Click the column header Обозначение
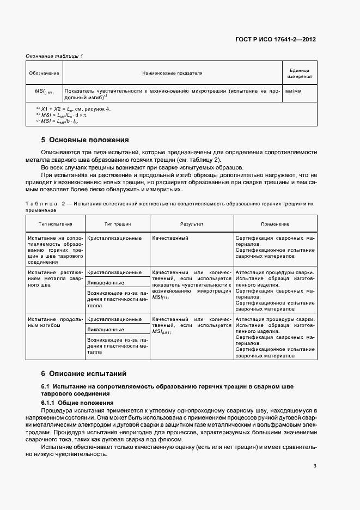(x=44, y=72)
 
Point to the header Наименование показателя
(x=172, y=72)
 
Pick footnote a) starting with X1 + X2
(x=73, y=110)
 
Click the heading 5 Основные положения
(x=85, y=140)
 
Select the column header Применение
(x=274, y=224)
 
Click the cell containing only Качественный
(x=170, y=238)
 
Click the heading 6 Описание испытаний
(x=84, y=374)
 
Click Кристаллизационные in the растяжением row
(x=114, y=272)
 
